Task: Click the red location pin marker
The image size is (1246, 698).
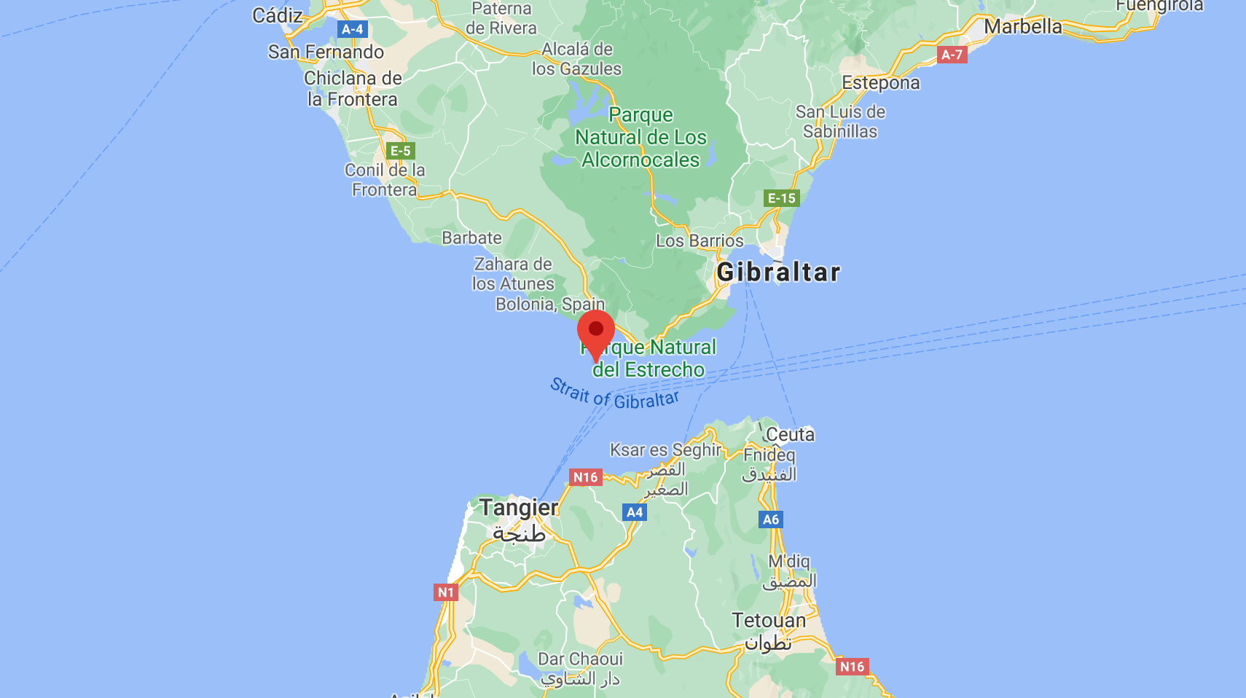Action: click(596, 332)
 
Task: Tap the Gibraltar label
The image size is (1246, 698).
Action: click(778, 272)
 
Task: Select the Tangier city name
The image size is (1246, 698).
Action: click(519, 507)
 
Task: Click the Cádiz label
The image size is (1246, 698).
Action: click(277, 15)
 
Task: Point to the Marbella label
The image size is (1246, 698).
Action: click(1022, 26)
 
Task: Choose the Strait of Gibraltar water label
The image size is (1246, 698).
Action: click(614, 393)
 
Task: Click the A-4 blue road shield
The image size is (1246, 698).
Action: click(353, 29)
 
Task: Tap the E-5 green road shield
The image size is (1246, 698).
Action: click(400, 151)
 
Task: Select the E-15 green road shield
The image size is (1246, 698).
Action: click(781, 198)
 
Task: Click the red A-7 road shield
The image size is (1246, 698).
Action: click(952, 55)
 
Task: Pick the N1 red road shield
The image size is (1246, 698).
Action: click(445, 592)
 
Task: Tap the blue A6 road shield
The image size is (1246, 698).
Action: click(770, 519)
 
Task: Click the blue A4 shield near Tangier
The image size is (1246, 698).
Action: click(635, 512)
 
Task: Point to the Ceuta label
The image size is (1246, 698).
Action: click(790, 434)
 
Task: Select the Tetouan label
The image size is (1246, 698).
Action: click(769, 620)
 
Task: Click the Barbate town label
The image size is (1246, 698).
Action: click(471, 238)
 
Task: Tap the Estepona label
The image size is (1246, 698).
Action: click(880, 82)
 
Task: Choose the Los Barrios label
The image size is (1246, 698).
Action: click(700, 240)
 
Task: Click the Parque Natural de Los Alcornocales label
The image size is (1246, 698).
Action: click(640, 137)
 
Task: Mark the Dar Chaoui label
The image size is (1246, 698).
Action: click(580, 659)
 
